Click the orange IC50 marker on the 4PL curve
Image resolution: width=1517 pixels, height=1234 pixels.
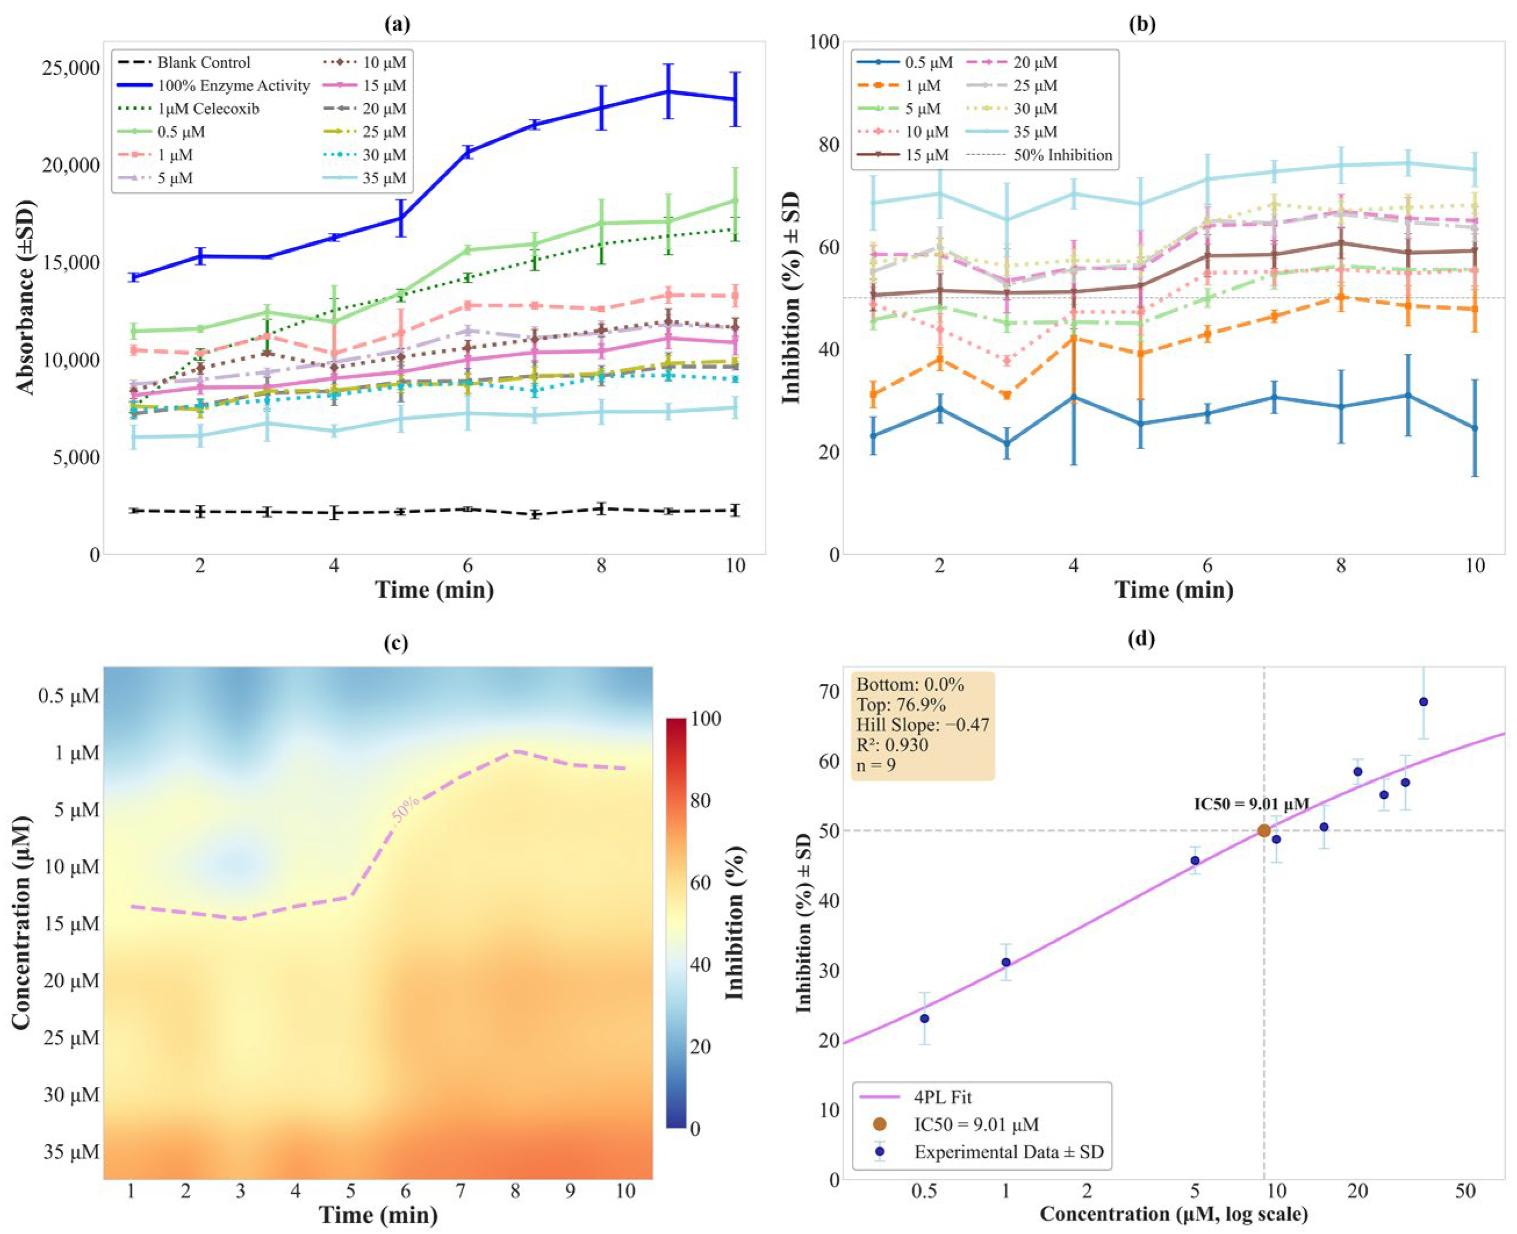[x=1264, y=830]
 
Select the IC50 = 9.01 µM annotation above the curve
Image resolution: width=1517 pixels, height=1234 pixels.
[x=1251, y=804]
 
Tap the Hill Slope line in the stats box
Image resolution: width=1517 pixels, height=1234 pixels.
[x=923, y=724]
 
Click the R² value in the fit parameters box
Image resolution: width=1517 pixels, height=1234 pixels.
[x=892, y=744]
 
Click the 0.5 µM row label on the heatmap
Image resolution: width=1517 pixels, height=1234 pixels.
[x=69, y=695]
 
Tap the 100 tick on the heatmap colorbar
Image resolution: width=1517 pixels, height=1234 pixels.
[x=706, y=718]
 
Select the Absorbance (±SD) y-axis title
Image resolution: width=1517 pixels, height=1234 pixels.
[x=25, y=297]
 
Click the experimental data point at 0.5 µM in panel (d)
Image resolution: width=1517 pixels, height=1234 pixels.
[x=924, y=1018]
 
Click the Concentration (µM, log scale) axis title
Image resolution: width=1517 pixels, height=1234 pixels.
[x=1174, y=1214]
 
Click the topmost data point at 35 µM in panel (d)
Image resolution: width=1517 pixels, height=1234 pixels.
[x=1423, y=702]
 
